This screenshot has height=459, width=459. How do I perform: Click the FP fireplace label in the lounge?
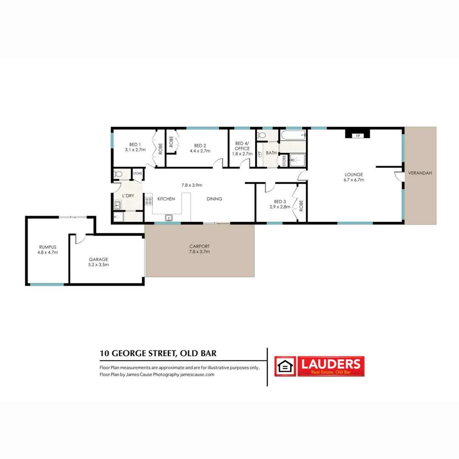(357, 136)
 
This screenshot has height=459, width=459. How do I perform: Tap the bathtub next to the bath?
(293, 136)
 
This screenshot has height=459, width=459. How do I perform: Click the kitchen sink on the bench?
(169, 218)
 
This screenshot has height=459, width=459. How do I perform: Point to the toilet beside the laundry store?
(119, 174)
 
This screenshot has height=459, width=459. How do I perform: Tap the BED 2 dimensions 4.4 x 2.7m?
(200, 150)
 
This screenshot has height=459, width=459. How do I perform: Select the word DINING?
(214, 199)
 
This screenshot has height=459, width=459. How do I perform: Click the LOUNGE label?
(354, 174)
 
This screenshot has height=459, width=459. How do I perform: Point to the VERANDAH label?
(420, 173)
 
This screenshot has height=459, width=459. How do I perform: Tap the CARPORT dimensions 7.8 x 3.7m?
(199, 252)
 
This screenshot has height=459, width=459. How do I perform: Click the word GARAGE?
(98, 259)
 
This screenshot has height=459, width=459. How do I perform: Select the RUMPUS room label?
(47, 246)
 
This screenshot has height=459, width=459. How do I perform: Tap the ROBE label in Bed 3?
(301, 206)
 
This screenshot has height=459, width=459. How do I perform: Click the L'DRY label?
(128, 195)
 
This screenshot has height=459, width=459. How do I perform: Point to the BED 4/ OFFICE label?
(242, 146)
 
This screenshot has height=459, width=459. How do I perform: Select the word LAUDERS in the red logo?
(331, 363)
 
